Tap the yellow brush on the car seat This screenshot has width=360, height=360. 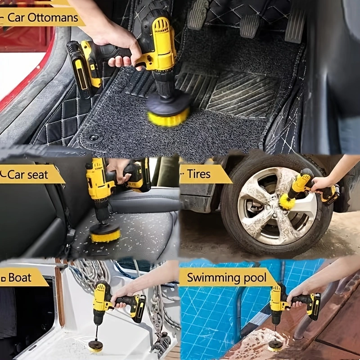tap(105, 234)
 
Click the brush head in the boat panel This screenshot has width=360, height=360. tap(95, 346)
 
